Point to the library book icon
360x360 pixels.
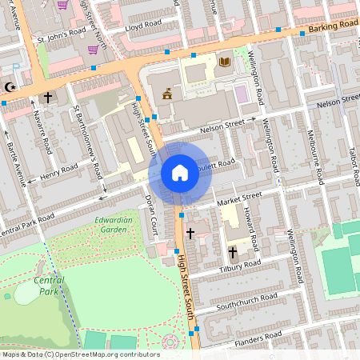coord(224,62)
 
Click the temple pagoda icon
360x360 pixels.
coord(167,94)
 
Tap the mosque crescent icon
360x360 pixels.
coord(10,86)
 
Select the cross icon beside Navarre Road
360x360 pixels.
coord(48,98)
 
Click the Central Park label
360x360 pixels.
coord(50,285)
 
